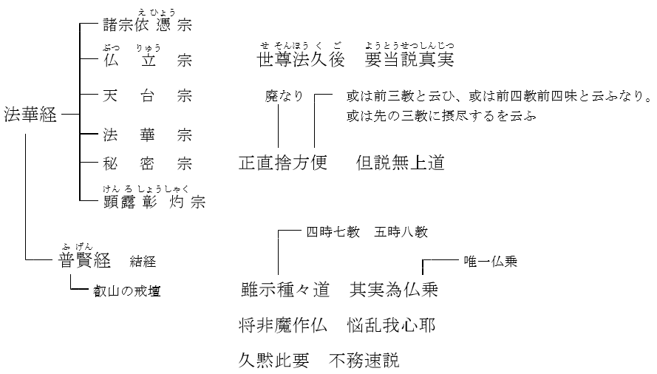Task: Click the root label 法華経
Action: [30, 116]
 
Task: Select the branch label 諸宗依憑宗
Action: [148, 24]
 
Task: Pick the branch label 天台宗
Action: [148, 96]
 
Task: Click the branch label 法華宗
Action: [148, 135]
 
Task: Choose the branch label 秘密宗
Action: [148, 163]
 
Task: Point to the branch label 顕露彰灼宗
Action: [154, 200]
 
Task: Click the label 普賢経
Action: [84, 260]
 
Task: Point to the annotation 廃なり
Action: [284, 97]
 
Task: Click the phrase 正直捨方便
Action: [283, 163]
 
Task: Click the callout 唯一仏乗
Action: [491, 261]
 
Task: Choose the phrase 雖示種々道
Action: [285, 290]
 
